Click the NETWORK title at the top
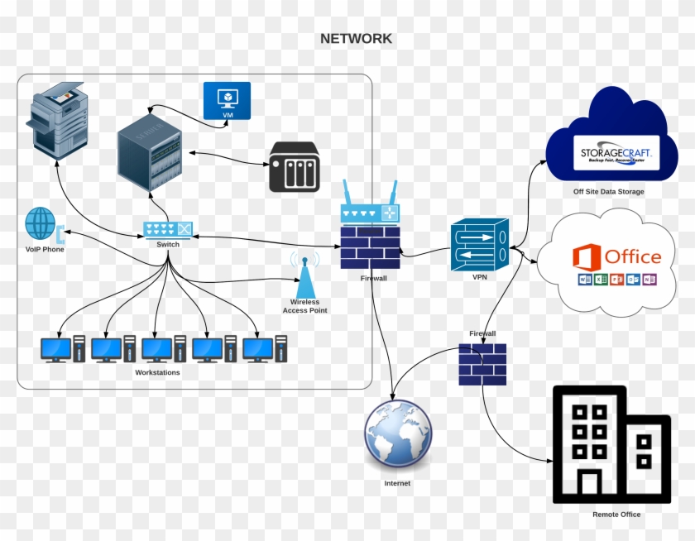pyautogui.click(x=356, y=39)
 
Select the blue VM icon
pyautogui.click(x=227, y=101)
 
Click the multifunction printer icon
pyautogui.click(x=59, y=121)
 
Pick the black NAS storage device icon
pyautogui.click(x=294, y=166)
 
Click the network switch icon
pyautogui.click(x=168, y=229)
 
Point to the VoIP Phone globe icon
pyautogui.click(x=40, y=224)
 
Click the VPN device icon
pyautogui.click(x=479, y=245)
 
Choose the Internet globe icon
pyautogui.click(x=398, y=434)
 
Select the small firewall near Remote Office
pyautogui.click(x=482, y=364)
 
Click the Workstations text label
pyautogui.click(x=157, y=373)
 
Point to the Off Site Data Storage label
pyautogui.click(x=608, y=192)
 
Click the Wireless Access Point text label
pyautogui.click(x=304, y=306)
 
